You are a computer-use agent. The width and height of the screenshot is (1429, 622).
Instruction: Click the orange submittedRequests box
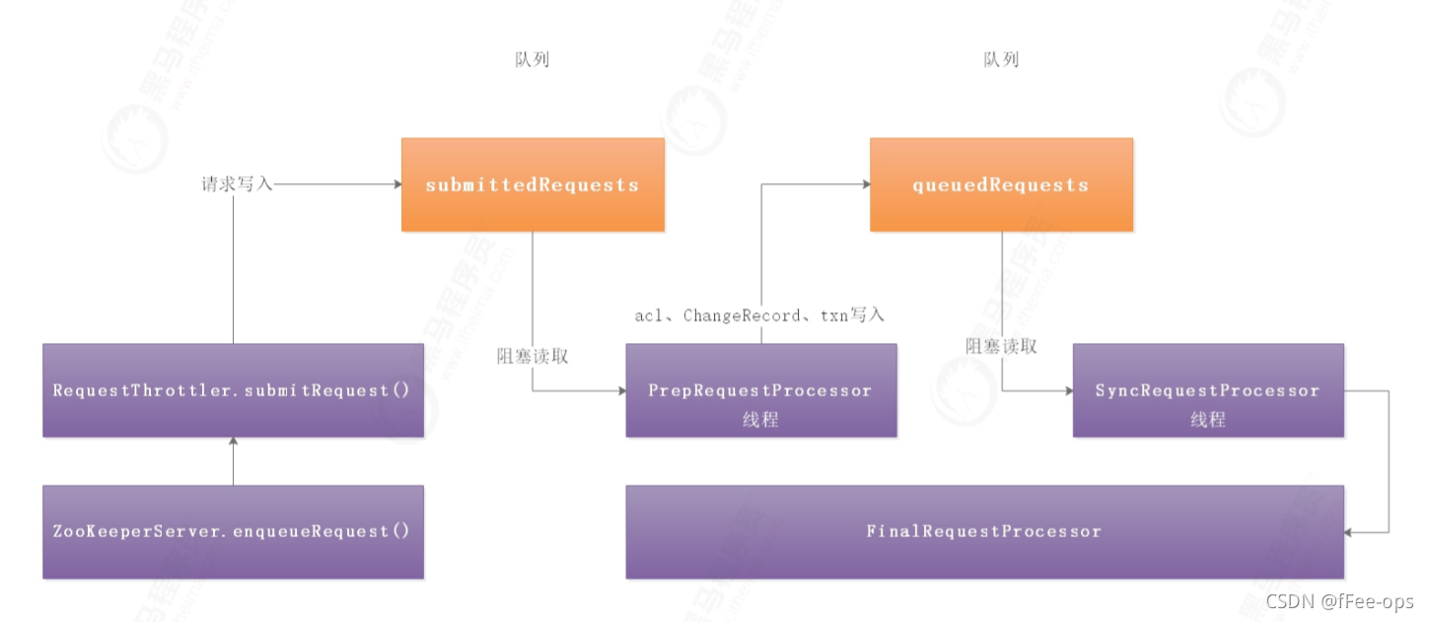(x=533, y=184)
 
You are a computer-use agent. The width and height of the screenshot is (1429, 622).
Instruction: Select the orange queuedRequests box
(x=1001, y=184)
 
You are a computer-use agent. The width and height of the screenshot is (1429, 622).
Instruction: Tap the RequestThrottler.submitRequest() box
(x=233, y=390)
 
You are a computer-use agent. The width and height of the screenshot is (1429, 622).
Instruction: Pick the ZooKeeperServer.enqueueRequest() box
(x=233, y=531)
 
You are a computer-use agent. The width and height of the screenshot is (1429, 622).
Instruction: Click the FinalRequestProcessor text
(x=983, y=531)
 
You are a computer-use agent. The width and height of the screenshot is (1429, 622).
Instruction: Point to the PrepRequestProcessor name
(x=759, y=390)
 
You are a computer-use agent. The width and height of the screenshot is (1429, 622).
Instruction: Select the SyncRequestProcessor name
(x=1207, y=390)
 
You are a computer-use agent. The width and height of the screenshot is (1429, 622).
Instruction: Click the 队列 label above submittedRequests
(x=533, y=60)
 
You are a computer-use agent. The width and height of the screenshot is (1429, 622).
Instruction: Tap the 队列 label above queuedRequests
(x=1001, y=60)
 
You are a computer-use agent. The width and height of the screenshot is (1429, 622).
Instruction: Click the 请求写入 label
(x=237, y=184)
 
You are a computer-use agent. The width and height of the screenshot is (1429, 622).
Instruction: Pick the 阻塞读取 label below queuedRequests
(x=1001, y=346)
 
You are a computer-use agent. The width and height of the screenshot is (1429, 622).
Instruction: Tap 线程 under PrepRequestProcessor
(x=759, y=419)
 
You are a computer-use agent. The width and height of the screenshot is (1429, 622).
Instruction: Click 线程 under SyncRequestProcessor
(x=1207, y=419)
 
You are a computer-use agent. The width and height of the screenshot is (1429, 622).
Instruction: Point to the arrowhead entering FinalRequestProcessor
(x=1350, y=531)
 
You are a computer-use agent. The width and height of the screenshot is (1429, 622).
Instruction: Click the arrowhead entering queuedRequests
(x=864, y=184)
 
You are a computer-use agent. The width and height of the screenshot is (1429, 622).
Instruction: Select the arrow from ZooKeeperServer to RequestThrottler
(x=233, y=460)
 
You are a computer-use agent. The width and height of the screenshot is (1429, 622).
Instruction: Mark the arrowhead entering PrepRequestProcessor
(x=620, y=390)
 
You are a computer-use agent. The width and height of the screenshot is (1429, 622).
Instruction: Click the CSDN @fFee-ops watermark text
(x=1339, y=601)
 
